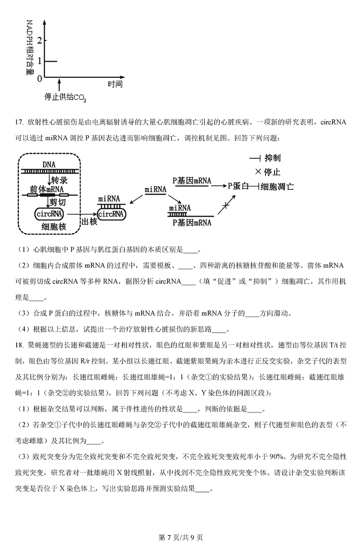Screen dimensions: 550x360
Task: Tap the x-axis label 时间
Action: tap(115, 84)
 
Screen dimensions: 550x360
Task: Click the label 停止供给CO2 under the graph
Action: tap(65, 97)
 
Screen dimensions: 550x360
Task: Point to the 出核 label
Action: tap(89, 221)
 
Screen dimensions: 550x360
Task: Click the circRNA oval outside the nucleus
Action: tap(112, 214)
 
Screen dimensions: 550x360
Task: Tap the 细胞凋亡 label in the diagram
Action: tap(277, 186)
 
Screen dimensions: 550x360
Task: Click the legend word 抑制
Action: tap(273, 158)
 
